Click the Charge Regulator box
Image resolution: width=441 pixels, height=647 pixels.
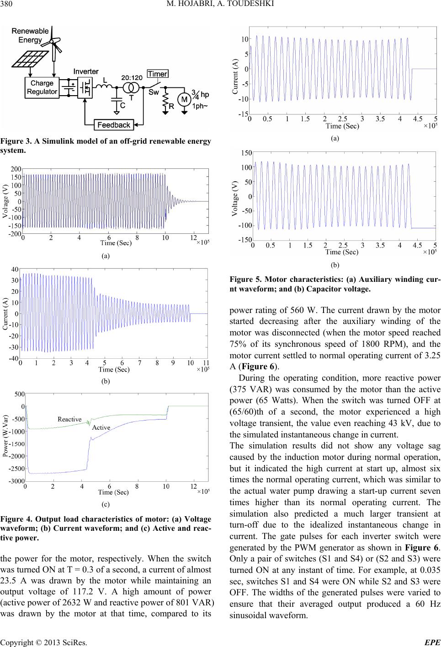point(42,87)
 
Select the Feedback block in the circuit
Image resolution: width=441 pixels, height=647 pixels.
point(114,125)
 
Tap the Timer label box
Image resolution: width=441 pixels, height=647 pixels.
point(158,74)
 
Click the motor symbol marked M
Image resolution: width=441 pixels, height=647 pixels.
point(184,100)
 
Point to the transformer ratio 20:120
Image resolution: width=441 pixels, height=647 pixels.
point(132,78)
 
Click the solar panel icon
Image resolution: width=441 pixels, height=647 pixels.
point(30,59)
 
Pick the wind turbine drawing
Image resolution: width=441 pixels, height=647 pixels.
point(53,43)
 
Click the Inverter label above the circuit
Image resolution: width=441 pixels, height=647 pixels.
point(86,71)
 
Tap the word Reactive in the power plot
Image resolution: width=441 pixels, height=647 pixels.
point(69,419)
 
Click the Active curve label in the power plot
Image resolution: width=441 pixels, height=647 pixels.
point(101,427)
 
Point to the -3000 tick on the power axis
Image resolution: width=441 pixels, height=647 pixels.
point(17,481)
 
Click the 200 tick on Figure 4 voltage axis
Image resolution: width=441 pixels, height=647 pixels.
point(16,169)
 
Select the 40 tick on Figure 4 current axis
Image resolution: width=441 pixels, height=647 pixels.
point(15,269)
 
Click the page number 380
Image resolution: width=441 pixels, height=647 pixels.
point(6,4)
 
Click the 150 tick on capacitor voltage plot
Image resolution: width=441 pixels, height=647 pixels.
point(247,152)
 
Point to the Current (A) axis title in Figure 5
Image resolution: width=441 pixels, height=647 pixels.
point(235,76)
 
